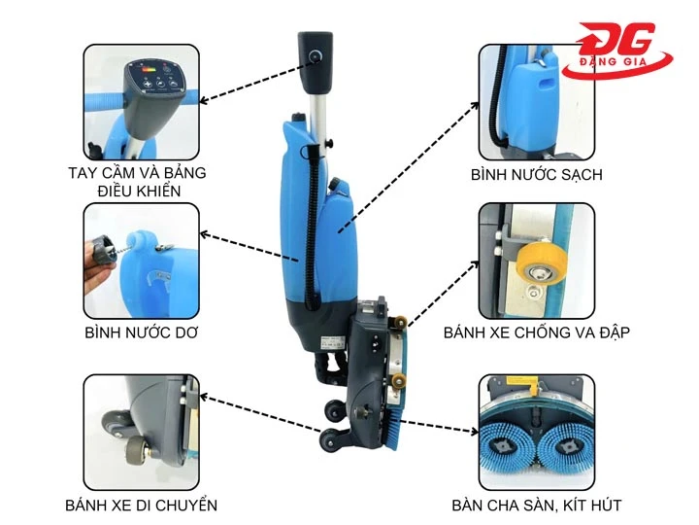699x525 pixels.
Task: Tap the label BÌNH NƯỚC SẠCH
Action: click(537, 175)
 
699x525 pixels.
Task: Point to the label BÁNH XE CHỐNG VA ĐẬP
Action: click(537, 332)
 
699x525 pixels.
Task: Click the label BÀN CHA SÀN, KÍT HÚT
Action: click(537, 505)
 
